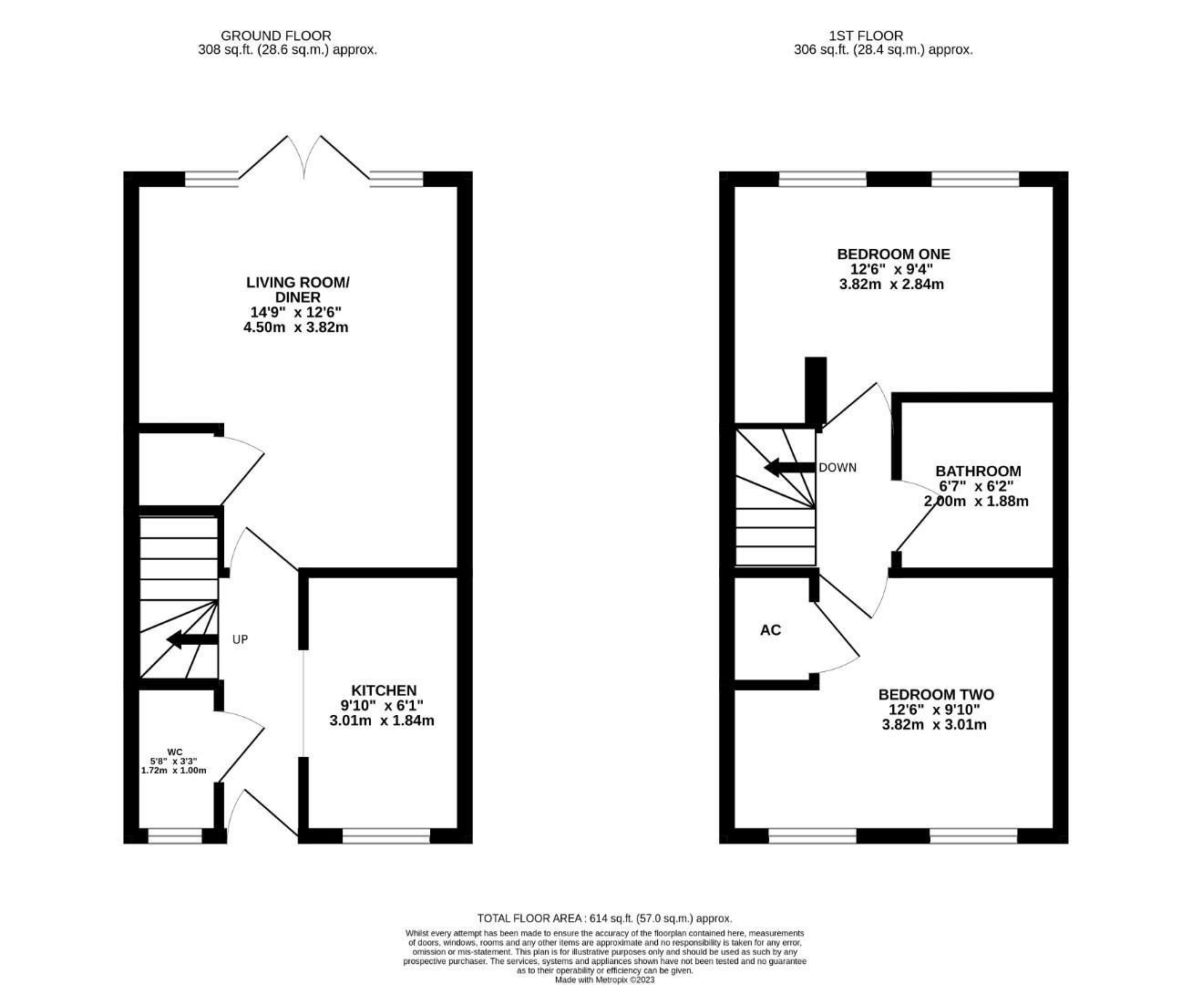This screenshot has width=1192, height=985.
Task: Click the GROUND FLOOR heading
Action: pos(287,36)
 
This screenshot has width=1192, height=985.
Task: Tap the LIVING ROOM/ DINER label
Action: pos(297,290)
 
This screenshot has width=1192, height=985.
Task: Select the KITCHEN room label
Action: pos(383,690)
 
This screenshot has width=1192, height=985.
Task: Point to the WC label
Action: pos(174,752)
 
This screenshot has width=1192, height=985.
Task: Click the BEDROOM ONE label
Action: pos(892,254)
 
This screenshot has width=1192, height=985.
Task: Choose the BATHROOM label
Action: pos(978,471)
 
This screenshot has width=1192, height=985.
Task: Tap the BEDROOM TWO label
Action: pos(935,694)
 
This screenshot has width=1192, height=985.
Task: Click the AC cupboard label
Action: pos(770,630)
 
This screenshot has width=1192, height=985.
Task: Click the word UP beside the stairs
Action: pos(240,639)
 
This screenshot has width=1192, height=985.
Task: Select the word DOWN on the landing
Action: pos(837,468)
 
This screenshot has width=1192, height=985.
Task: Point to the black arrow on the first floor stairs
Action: pos(789,468)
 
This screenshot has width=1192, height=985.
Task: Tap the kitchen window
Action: pos(385,835)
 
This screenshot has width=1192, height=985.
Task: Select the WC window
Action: pos(175,835)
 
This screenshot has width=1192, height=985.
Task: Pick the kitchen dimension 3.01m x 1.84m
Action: pos(382,721)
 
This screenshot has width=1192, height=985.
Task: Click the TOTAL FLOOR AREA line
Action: pos(604,918)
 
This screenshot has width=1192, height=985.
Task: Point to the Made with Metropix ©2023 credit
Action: pos(604,980)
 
